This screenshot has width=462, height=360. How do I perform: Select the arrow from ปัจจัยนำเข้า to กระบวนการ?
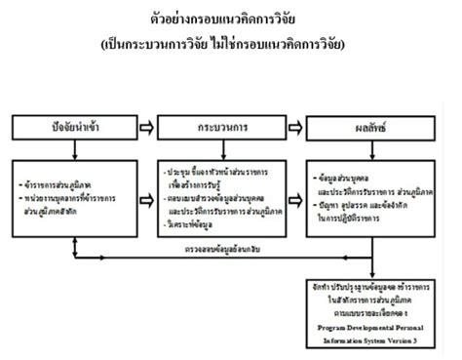147,127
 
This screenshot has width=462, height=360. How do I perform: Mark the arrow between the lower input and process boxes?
147,190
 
